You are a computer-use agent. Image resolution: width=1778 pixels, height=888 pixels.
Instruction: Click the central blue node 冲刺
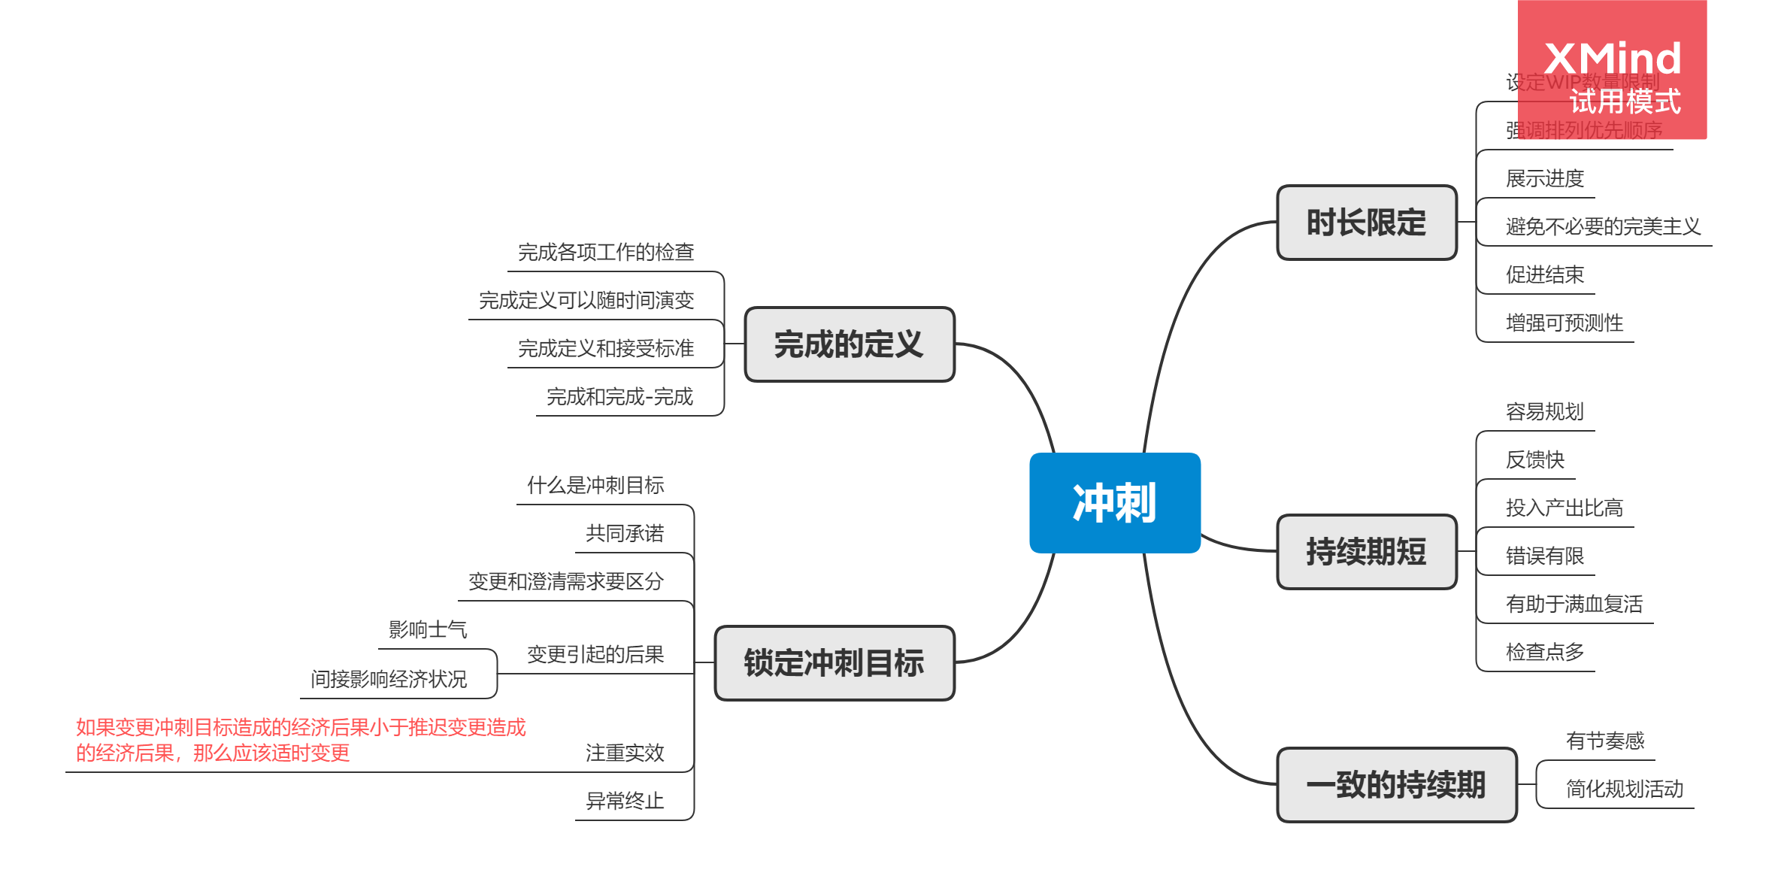pos(1114,503)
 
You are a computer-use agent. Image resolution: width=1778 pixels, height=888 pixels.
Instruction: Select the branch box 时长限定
pos(1366,223)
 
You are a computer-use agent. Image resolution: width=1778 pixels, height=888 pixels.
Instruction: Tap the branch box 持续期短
pos(1366,552)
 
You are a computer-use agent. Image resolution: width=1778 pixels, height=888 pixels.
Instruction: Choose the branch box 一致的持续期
pos(1396,785)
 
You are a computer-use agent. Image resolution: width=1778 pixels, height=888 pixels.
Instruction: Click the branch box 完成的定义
pos(849,344)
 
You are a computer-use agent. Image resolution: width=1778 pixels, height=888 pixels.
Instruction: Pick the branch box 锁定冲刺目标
pos(834,663)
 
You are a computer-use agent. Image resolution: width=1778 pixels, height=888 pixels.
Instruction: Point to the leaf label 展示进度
pos(1544,179)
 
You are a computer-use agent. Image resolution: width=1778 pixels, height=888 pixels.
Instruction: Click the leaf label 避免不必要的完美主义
pos(1602,227)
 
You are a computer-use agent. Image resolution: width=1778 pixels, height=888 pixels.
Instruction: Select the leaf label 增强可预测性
pos(1564,323)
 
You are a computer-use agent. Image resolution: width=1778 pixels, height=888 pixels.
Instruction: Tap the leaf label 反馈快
pos(1534,460)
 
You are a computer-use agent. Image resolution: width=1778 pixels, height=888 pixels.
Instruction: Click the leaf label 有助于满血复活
pos(1574,605)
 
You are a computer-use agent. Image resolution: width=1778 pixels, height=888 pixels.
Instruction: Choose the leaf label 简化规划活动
pos(1624,790)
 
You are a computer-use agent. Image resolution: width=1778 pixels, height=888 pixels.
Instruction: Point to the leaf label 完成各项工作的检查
pos(605,253)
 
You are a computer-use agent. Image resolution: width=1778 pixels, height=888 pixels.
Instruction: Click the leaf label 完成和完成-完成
pos(619,397)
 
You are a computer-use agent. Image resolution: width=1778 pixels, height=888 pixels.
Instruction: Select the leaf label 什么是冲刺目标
pos(595,486)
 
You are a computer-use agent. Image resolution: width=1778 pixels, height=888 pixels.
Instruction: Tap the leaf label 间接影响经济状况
pos(389,680)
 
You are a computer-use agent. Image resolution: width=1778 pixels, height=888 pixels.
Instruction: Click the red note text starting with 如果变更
pos(300,740)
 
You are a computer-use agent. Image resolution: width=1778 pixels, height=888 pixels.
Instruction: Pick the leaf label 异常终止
pos(625,802)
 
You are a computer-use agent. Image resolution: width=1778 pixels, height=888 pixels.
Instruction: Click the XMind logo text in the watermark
pos(1612,59)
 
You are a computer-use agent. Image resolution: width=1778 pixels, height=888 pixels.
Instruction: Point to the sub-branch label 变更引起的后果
pos(595,655)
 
